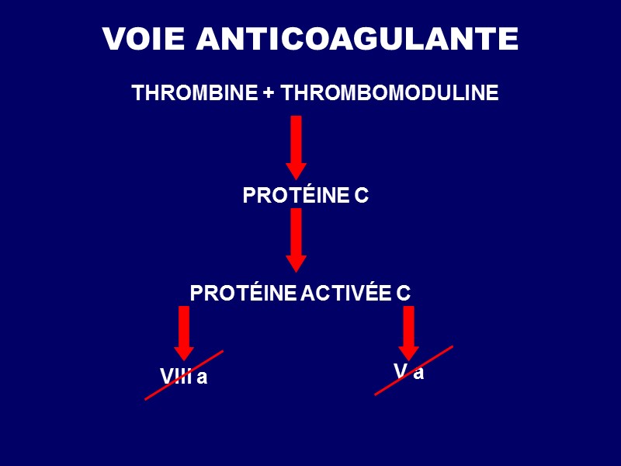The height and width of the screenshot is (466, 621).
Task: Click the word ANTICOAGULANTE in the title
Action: point(357,39)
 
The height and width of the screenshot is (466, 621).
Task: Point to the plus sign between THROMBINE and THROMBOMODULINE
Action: point(269,94)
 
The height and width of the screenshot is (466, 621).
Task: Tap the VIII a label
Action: point(184,377)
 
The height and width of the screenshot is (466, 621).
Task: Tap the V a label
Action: point(409,372)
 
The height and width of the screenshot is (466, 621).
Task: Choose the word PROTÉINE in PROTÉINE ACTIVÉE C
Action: point(243,293)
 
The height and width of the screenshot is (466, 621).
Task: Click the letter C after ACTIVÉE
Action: point(403,293)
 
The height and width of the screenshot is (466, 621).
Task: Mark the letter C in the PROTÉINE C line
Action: point(361,196)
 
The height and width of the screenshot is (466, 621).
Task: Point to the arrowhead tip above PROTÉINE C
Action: point(296,179)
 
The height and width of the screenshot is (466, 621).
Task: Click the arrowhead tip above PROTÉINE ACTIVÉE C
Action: point(296,271)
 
